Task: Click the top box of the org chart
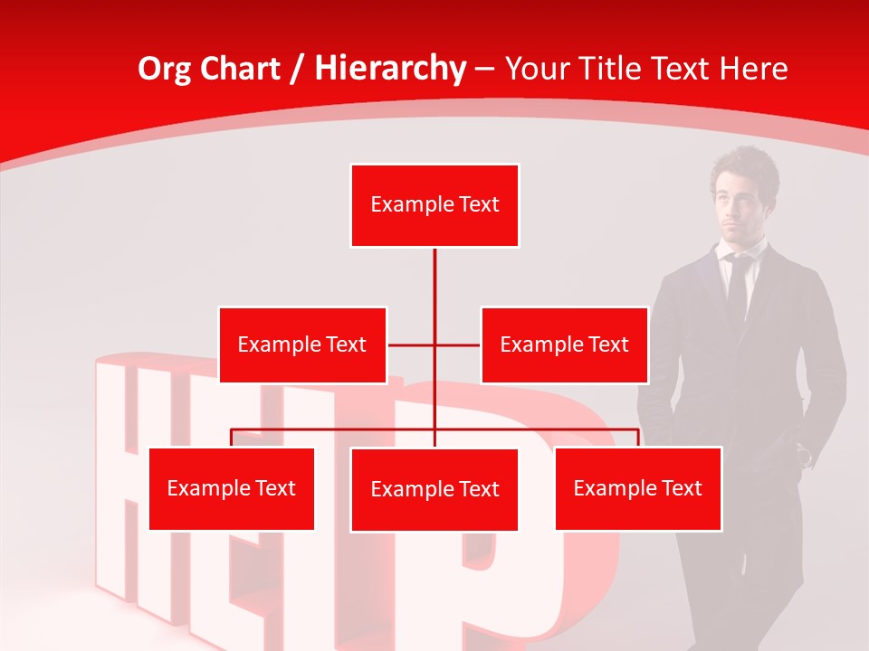(x=434, y=205)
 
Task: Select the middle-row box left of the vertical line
(x=302, y=344)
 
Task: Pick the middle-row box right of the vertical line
(x=564, y=344)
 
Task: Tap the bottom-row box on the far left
(x=231, y=488)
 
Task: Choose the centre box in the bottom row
(x=434, y=489)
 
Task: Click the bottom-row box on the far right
(x=637, y=488)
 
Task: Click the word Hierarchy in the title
(x=390, y=69)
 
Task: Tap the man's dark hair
(x=744, y=163)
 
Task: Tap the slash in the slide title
(x=297, y=69)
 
